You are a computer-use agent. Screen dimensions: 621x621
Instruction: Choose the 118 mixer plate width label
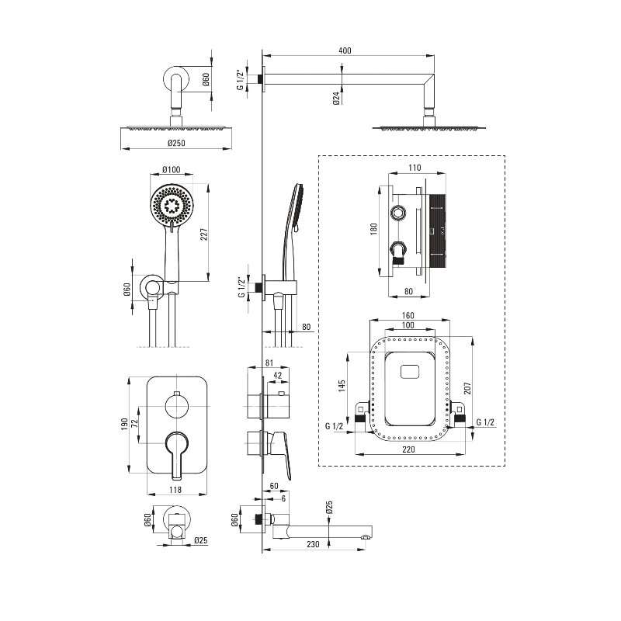176,489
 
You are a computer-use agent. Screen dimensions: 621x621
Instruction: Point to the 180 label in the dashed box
373,229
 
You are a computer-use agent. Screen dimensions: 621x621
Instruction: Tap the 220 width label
408,449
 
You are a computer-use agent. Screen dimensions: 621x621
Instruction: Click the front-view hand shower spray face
171,206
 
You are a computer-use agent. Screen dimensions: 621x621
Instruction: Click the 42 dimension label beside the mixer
277,376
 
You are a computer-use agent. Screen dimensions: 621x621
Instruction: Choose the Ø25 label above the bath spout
329,508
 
